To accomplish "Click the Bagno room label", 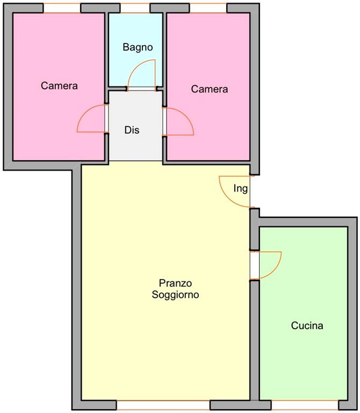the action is (138, 47).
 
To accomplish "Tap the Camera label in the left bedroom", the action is (59, 86).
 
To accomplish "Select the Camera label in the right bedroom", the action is (210, 89).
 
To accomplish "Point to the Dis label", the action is (132, 130).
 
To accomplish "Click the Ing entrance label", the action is (241, 189).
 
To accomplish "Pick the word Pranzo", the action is (175, 283).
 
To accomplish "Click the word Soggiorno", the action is (175, 295).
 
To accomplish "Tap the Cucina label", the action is (307, 325).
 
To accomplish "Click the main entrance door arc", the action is (226, 197).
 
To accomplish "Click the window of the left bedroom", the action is (62, 8).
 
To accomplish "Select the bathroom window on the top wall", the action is (135, 8).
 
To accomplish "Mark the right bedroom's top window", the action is (208, 8).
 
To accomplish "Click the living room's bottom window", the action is (163, 405).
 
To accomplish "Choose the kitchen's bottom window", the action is (305, 405).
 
